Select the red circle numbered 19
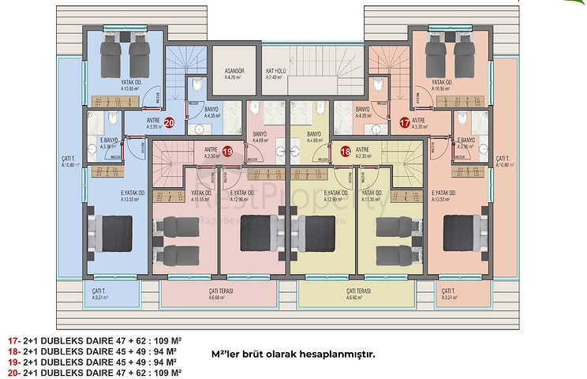(226, 152)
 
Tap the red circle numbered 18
(346, 152)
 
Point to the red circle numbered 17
(405, 122)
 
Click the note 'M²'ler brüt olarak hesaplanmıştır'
(293, 353)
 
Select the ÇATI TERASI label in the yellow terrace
(357, 295)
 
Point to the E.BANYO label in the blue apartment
(109, 143)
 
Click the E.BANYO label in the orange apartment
(469, 143)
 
